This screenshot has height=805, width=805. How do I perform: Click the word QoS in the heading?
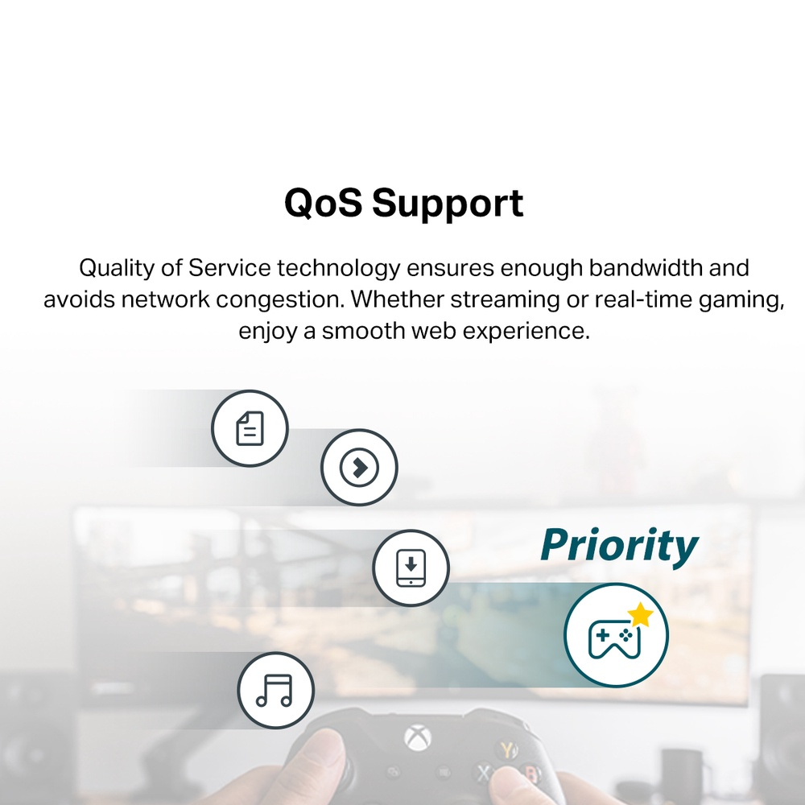point(323,203)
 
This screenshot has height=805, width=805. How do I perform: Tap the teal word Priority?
point(619,547)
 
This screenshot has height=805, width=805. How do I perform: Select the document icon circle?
point(250,428)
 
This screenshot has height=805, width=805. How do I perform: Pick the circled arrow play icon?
point(359,467)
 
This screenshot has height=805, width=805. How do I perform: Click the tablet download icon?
point(411,568)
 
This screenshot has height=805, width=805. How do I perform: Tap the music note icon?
point(275,691)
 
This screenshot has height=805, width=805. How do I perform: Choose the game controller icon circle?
point(616,635)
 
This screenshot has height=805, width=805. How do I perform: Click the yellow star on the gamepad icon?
point(640,614)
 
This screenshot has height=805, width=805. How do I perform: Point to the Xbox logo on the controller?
point(418,738)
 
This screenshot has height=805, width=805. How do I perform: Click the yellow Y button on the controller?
point(507,750)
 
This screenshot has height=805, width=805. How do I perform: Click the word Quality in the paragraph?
point(116,269)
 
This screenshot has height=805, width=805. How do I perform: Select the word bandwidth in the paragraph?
point(646,268)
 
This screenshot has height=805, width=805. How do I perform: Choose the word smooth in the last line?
point(364,331)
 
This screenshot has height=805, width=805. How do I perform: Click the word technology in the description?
point(338,269)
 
